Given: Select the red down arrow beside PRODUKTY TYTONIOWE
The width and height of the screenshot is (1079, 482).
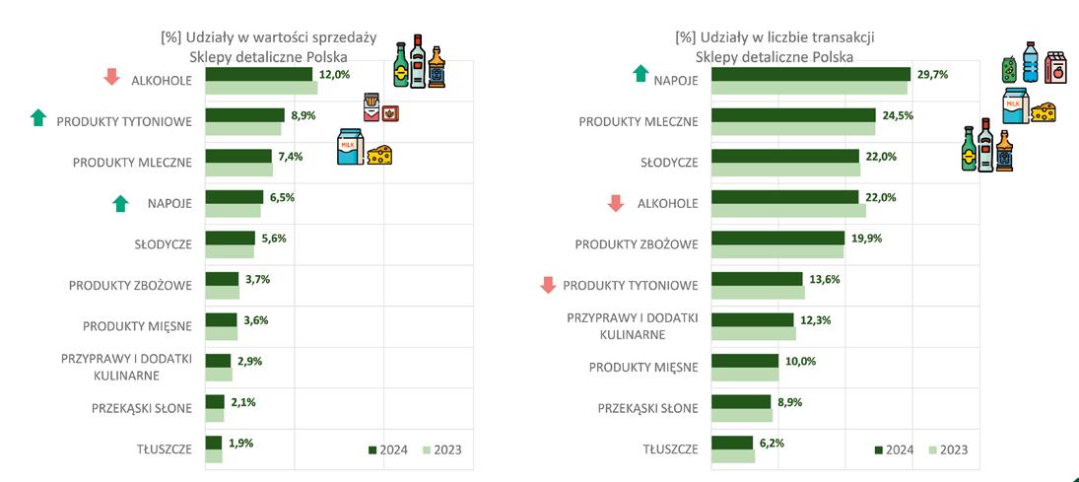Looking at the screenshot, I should pos(549,286).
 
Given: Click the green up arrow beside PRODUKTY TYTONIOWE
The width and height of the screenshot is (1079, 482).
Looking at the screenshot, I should pos(38,119).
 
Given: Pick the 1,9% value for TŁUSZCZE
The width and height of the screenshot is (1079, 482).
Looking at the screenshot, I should pos(240,444).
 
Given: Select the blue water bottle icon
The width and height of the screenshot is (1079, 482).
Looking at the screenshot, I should pos(1030,61).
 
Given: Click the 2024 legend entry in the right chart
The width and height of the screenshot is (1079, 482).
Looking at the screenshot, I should pos(894,450).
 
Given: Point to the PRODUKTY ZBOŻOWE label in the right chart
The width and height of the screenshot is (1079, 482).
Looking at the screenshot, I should pos(637,243).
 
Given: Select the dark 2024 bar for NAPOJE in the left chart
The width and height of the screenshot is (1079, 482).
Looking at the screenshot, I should pos(235,197).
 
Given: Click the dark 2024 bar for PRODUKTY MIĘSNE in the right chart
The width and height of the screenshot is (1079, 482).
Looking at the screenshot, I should pos(744,362).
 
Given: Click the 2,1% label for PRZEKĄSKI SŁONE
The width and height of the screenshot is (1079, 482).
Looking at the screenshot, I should pos(241,402).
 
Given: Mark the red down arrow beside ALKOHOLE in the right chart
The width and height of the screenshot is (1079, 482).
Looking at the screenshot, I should pos(616,203).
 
